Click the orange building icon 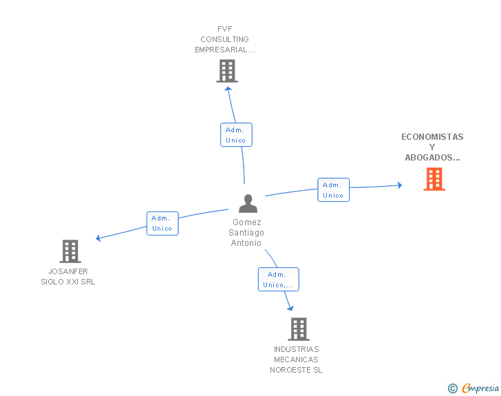click(x=434, y=179)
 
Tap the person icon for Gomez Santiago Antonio click(x=248, y=203)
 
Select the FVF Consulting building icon click(x=227, y=71)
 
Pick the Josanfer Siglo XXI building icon click(x=70, y=251)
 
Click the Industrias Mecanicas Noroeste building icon click(x=299, y=329)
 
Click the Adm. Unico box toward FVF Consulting click(x=236, y=135)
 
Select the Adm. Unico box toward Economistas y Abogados click(x=334, y=189)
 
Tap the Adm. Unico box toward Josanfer click(x=162, y=223)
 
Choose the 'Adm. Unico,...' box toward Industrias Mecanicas click(x=278, y=279)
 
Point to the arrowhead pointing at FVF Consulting click(x=228, y=90)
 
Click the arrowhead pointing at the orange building click(x=399, y=185)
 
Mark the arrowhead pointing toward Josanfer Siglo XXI click(x=98, y=238)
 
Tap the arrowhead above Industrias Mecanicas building click(x=290, y=308)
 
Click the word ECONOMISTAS click(x=432, y=137)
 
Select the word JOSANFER click(x=68, y=271)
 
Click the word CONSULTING click(x=224, y=39)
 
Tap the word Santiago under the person click(x=246, y=233)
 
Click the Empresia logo click(x=473, y=388)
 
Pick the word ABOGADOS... click(x=429, y=158)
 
